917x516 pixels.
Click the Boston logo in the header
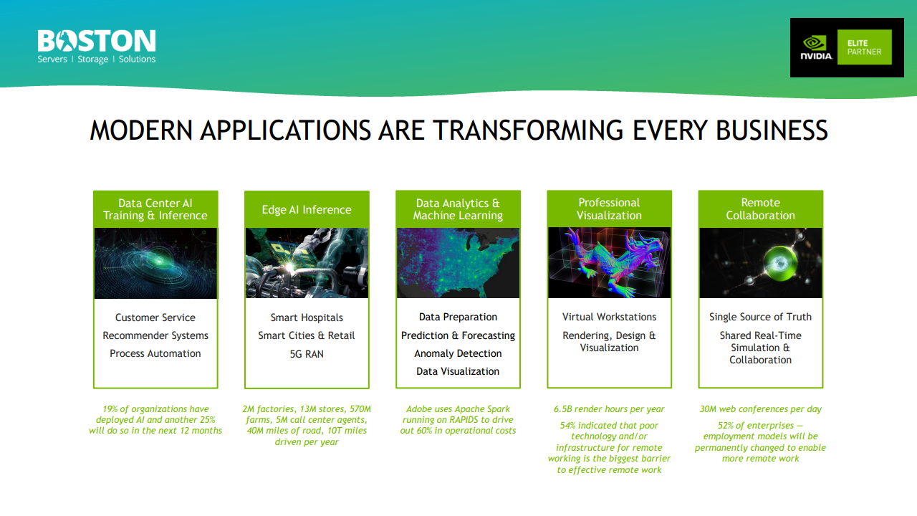[97, 46]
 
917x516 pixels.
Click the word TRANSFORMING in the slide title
[528, 130]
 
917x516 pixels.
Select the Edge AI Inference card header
[307, 209]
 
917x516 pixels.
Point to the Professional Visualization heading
[609, 209]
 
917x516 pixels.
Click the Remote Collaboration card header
[760, 209]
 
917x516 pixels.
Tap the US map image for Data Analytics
[458, 263]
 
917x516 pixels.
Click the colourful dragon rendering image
[609, 263]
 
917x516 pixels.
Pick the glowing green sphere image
[760, 263]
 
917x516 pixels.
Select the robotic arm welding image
[307, 263]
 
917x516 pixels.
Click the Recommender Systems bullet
[155, 335]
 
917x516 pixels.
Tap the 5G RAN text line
[307, 353]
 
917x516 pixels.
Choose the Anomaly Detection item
[458, 353]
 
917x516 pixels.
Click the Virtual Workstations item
[609, 317]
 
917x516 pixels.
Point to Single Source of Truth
[760, 317]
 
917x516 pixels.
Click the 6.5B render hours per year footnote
[609, 409]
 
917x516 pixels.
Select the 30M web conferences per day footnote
[760, 409]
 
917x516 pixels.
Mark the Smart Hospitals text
[307, 317]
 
